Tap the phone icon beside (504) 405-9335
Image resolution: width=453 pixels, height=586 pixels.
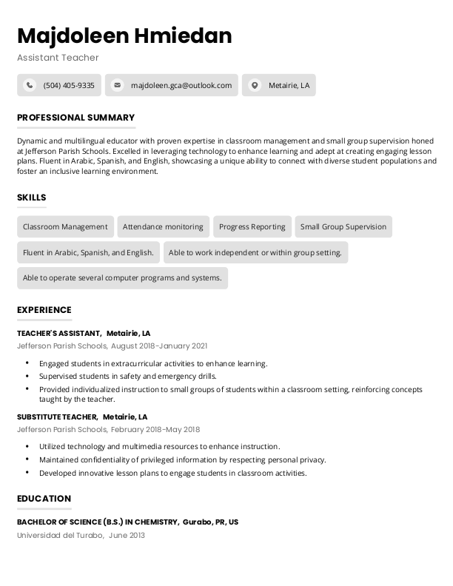30,85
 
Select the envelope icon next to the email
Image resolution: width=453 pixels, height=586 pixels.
117,85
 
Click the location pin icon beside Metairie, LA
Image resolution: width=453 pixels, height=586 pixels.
255,85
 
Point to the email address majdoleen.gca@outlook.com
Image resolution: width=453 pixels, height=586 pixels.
181,85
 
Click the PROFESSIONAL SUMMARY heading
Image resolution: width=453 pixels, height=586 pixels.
75,118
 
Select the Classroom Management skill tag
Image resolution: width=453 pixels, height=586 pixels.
65,227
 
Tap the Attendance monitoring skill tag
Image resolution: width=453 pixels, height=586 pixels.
163,227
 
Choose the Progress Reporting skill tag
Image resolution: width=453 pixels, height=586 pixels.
252,227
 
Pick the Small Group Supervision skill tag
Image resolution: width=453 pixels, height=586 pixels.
343,227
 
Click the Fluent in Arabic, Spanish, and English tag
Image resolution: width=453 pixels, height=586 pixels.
88,252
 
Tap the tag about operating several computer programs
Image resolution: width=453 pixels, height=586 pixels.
122,278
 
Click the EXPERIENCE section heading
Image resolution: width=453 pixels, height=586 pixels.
44,310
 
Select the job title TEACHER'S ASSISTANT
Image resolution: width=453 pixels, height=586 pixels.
58,334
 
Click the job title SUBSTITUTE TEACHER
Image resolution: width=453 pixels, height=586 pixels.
57,417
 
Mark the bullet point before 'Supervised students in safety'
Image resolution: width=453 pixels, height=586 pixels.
27,376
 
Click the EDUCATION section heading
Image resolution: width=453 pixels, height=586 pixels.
44,499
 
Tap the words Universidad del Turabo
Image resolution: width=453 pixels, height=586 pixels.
59,534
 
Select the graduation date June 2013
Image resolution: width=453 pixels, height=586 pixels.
127,534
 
